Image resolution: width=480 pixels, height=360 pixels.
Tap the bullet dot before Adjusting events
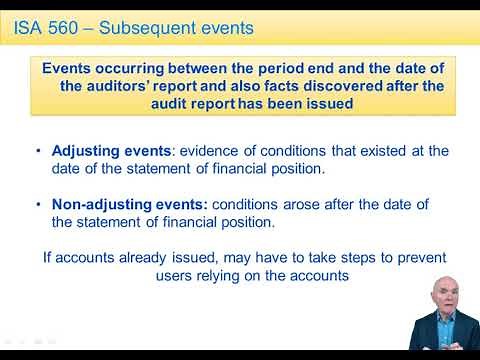coord(38,151)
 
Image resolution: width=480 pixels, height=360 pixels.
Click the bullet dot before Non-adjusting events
coord(38,205)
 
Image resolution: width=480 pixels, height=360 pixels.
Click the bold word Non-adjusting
coord(98,205)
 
